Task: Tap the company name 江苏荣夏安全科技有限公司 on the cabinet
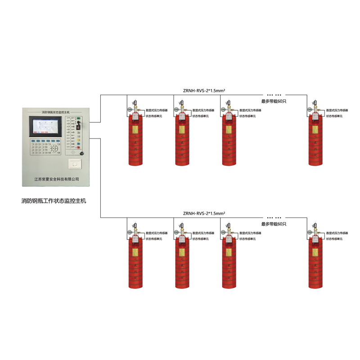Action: pyautogui.click(x=57, y=179)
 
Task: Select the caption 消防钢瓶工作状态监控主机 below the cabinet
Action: pyautogui.click(x=54, y=201)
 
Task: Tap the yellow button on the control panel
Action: pyautogui.click(x=78, y=147)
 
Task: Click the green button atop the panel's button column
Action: pyautogui.click(x=78, y=118)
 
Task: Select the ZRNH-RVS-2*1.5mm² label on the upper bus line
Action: pyautogui.click(x=204, y=90)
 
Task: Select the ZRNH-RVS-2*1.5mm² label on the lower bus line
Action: pyautogui.click(x=204, y=213)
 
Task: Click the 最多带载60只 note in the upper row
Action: pyautogui.click(x=274, y=101)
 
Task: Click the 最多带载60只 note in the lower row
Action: pyautogui.click(x=274, y=224)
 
